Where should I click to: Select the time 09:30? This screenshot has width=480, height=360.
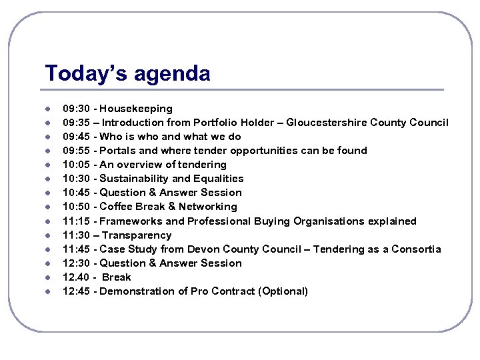pyautogui.click(x=75, y=108)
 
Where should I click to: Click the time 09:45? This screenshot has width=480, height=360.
pyautogui.click(x=75, y=136)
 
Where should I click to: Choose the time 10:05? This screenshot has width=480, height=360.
pyautogui.click(x=75, y=164)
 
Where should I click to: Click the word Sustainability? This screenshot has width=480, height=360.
pyautogui.click(x=133, y=178)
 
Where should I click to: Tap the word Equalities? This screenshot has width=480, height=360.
pyautogui.click(x=219, y=178)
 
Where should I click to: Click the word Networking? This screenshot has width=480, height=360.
pyautogui.click(x=206, y=207)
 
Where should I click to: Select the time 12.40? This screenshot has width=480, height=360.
pyautogui.click(x=75, y=277)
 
